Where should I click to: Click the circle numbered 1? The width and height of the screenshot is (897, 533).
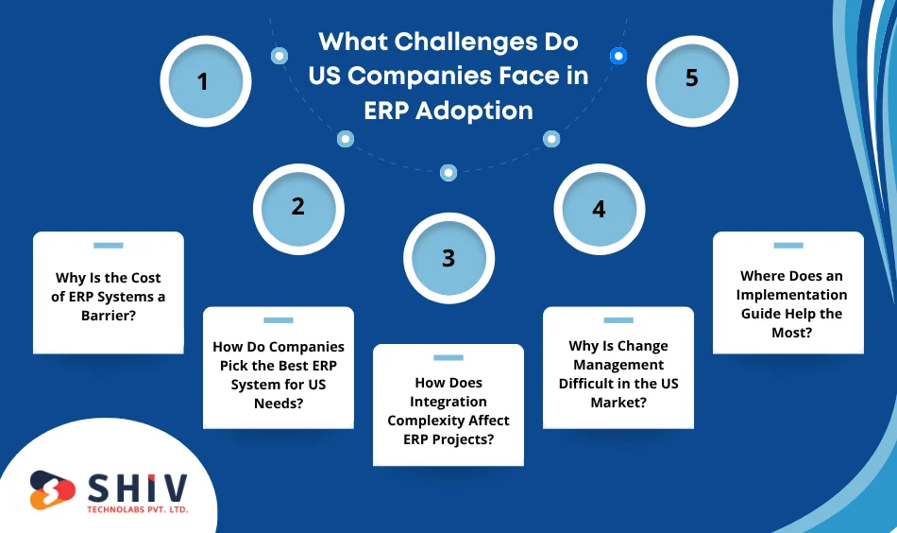click(204, 81)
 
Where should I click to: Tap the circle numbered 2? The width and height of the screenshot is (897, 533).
click(298, 206)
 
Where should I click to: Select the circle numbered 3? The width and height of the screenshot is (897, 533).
click(448, 258)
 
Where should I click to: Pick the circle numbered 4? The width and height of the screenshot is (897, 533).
click(599, 208)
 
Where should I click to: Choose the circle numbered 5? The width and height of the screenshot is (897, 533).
click(692, 78)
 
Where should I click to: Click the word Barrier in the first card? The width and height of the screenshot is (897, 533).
click(108, 316)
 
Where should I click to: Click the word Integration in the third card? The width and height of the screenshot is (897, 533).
click(448, 402)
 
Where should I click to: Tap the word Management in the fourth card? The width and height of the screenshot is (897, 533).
click(618, 365)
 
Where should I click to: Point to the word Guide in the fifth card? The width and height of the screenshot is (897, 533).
click(767, 314)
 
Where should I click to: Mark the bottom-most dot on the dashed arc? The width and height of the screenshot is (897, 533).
click(448, 172)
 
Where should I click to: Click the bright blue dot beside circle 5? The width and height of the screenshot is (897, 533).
click(618, 56)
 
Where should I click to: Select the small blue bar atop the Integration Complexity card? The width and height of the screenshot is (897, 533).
click(448, 358)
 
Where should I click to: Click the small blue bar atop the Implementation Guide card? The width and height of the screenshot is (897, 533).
click(787, 246)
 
